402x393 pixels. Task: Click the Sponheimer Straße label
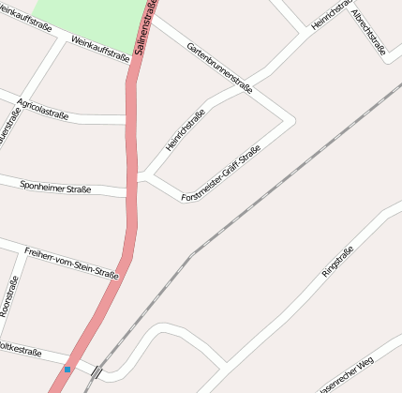[55, 188]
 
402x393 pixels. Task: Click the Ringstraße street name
[338, 259]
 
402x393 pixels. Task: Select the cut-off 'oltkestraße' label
[21, 353]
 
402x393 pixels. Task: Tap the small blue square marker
[67, 370]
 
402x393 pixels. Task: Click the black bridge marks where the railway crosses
[97, 371]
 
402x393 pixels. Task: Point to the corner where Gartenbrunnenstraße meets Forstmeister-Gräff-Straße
[288, 119]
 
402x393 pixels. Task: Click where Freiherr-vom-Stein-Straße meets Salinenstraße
[125, 274]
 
